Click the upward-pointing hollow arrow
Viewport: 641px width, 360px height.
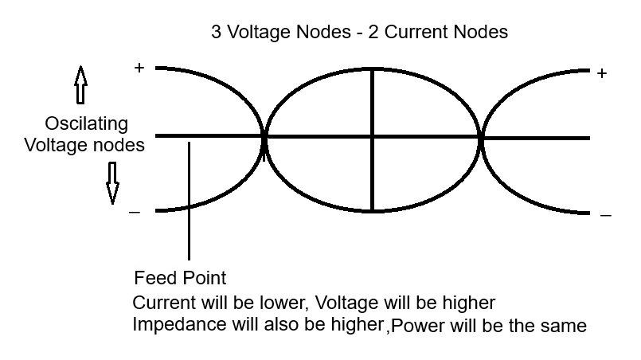click(x=80, y=86)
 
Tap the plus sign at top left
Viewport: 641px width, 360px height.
click(x=139, y=68)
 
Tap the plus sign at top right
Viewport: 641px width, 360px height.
click(x=602, y=73)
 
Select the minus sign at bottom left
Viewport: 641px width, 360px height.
click(x=135, y=212)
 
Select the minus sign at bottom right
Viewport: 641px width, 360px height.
click(x=605, y=215)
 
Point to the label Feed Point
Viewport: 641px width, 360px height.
click(x=180, y=279)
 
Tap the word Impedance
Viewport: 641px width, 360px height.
click(x=170, y=326)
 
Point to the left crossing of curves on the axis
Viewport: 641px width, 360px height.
click(x=264, y=138)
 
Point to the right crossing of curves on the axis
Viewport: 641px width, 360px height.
click(x=482, y=138)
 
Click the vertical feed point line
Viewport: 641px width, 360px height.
click(x=189, y=207)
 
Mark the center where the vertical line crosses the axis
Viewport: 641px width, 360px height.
click(x=373, y=138)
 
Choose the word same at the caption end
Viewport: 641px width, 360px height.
click(x=565, y=327)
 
